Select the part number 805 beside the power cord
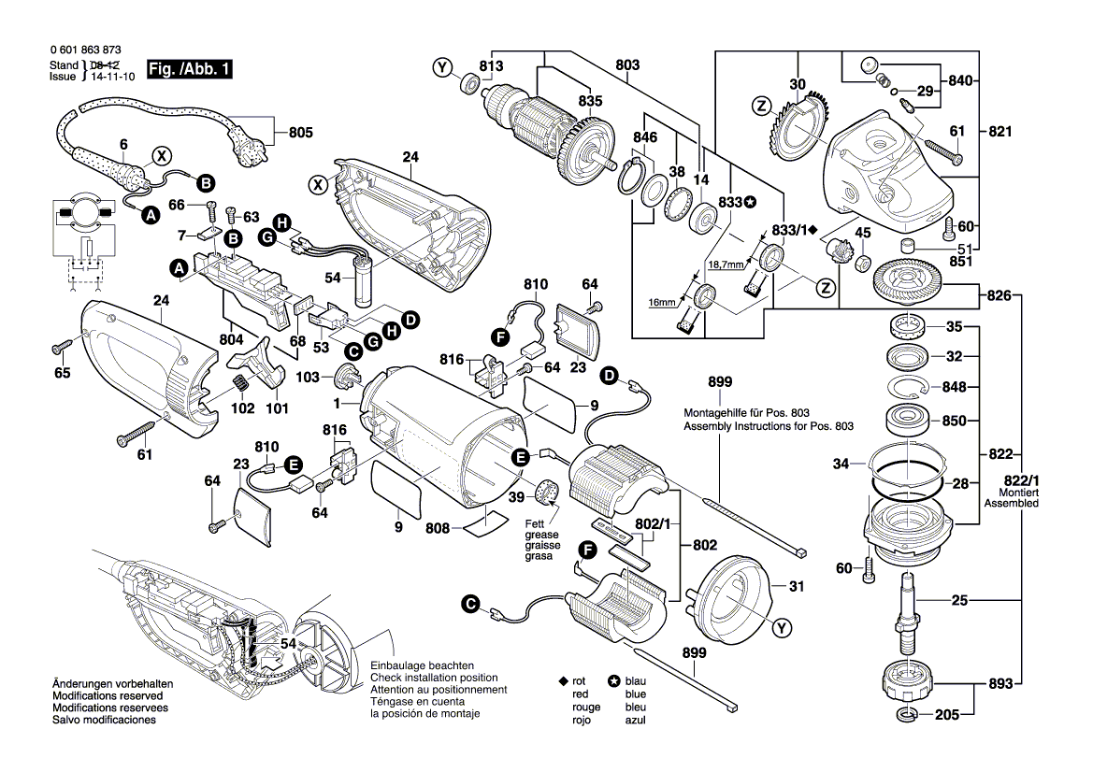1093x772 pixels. [300, 133]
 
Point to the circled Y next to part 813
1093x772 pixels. [442, 66]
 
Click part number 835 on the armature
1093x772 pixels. [590, 101]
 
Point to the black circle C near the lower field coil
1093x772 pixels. [470, 605]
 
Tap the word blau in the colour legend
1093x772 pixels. [636, 681]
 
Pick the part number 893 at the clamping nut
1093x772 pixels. [1001, 683]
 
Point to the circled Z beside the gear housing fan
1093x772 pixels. [761, 106]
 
